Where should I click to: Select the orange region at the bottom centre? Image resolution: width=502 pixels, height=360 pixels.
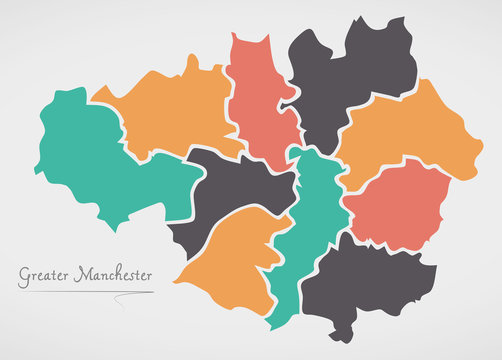point(225,265)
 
